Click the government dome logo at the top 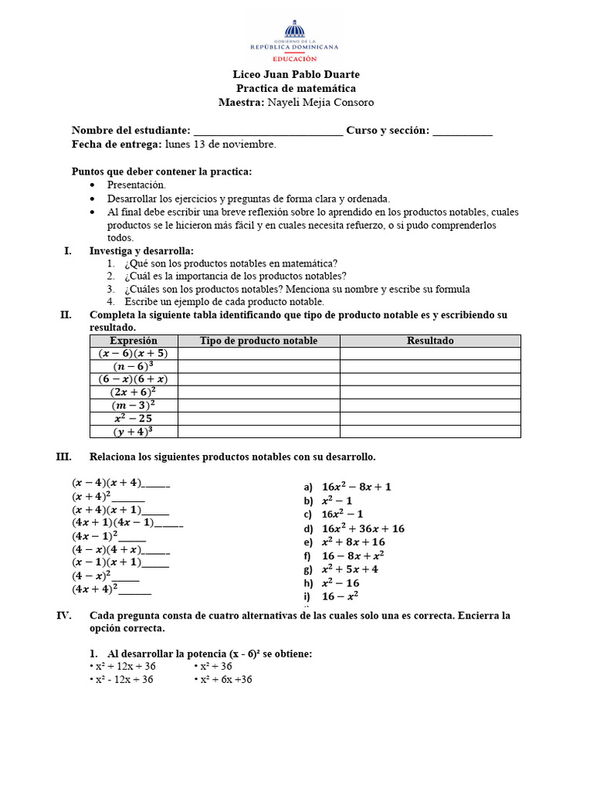[x=294, y=32]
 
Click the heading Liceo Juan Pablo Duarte [x=296, y=74]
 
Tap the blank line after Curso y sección [x=463, y=131]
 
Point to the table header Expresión [x=134, y=341]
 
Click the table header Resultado [x=430, y=341]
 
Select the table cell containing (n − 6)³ [x=134, y=366]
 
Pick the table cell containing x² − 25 [x=134, y=419]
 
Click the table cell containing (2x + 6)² [x=134, y=392]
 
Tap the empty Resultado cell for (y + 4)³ [x=430, y=432]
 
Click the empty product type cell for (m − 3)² [x=259, y=406]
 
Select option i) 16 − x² [x=341, y=596]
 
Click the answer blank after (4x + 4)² [x=135, y=589]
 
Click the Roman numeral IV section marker [x=64, y=616]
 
